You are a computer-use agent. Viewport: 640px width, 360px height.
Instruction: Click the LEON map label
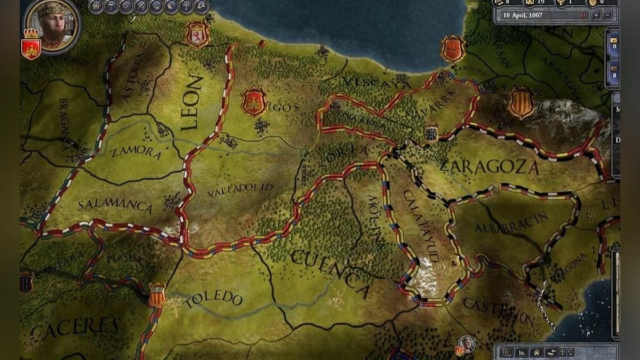pos(193,103)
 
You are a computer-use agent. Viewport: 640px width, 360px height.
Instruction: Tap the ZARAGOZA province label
pos(490,167)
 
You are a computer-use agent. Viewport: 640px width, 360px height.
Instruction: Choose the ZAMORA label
pos(135,153)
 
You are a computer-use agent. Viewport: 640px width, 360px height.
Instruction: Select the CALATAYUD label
pos(421,225)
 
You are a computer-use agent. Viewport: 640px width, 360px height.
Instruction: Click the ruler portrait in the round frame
pos(52,26)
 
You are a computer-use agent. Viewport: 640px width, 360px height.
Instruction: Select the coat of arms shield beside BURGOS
pos(254,102)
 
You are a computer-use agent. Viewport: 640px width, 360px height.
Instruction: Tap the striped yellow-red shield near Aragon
pos(521,103)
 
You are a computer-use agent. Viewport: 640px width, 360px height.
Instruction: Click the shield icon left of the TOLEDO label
pos(156,295)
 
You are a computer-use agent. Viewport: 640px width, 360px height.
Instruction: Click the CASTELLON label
pos(498,311)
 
